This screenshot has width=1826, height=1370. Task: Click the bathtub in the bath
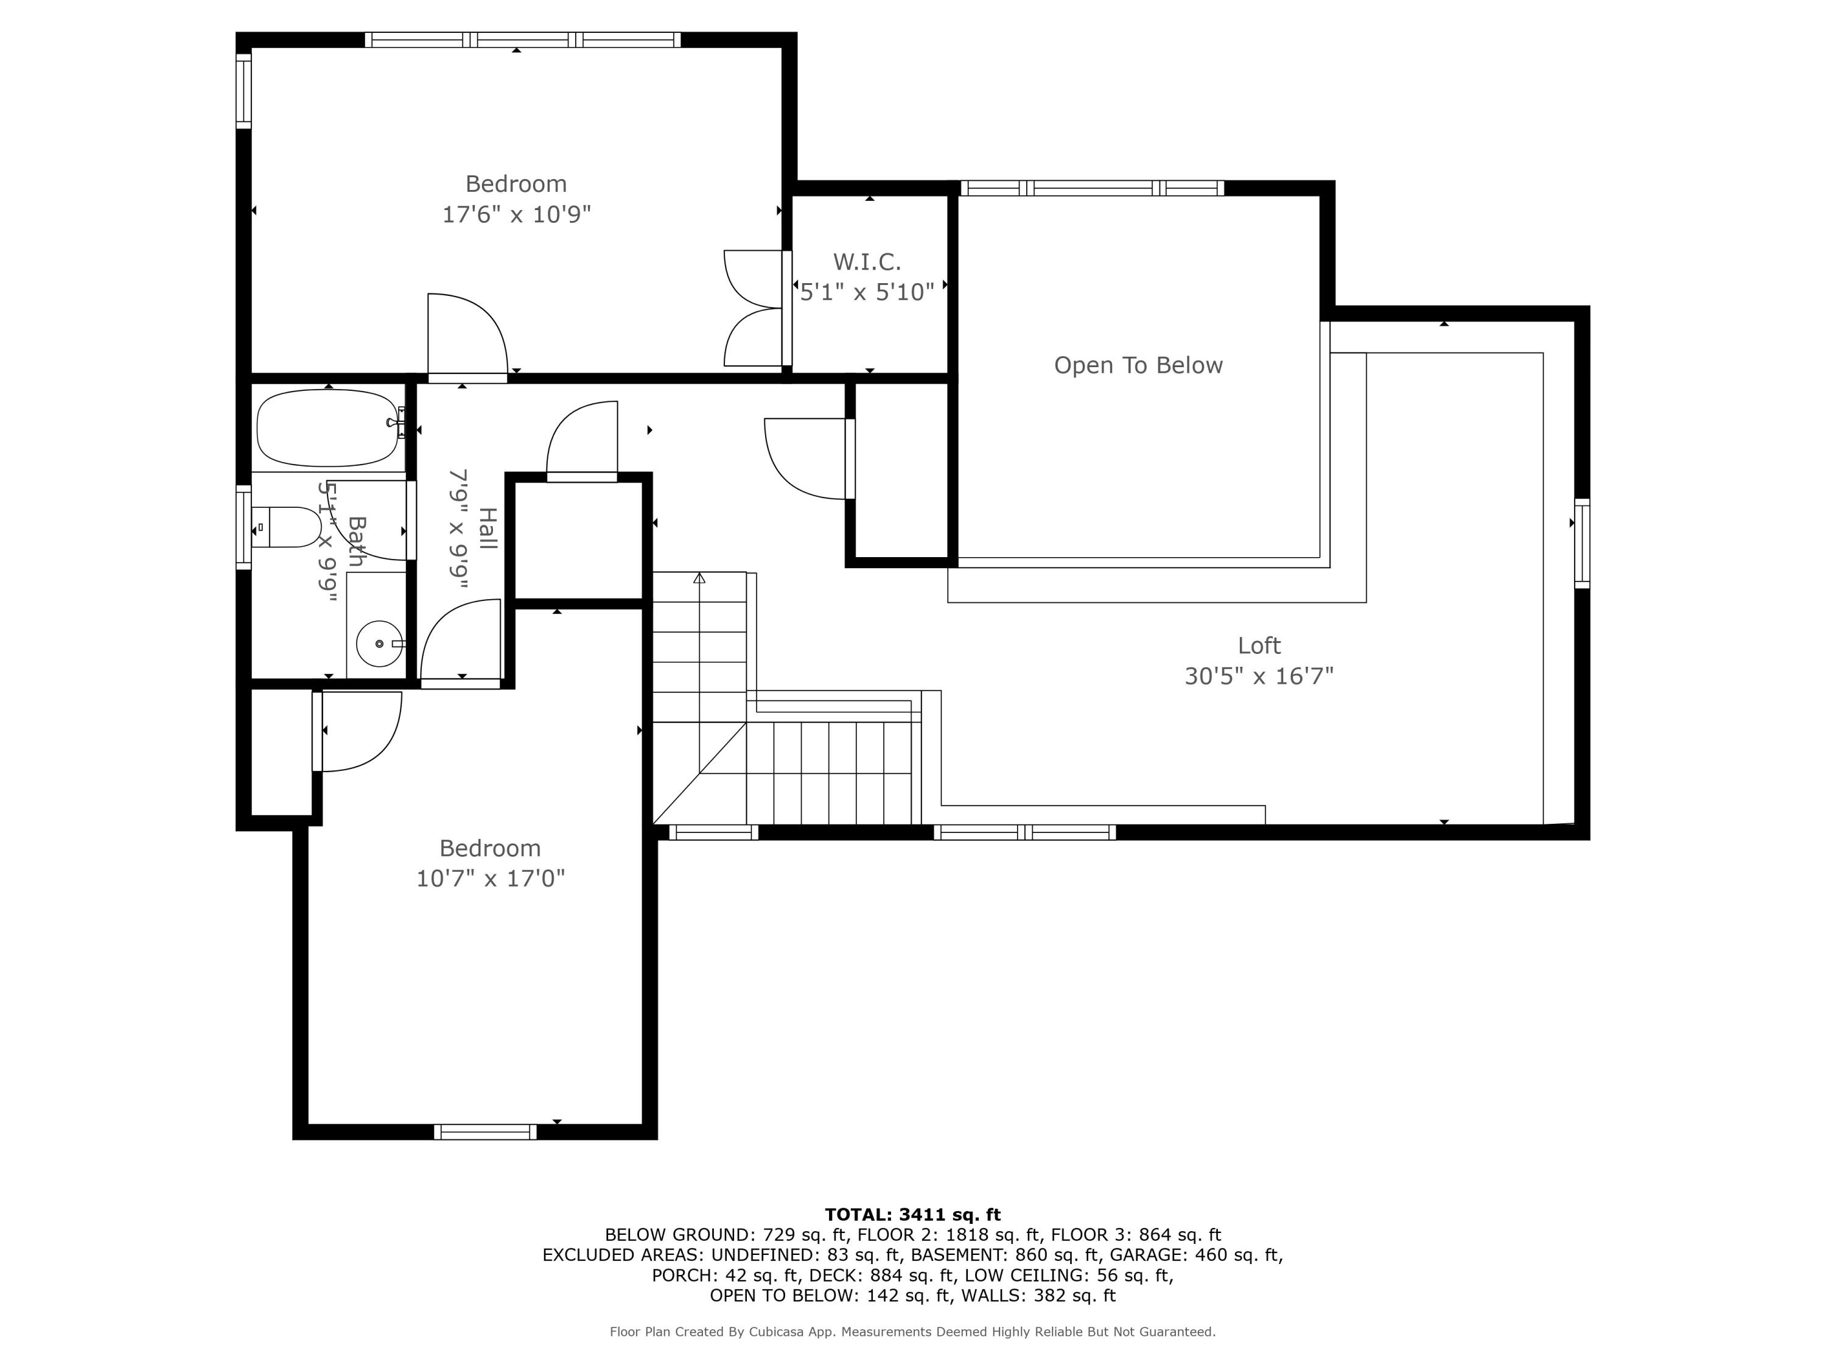(x=327, y=429)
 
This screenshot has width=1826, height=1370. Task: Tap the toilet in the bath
(x=289, y=527)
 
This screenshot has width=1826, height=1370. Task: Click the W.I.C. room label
(x=867, y=262)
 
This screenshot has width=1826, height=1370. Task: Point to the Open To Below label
(x=1138, y=366)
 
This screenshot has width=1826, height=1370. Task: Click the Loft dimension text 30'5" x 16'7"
(x=1258, y=676)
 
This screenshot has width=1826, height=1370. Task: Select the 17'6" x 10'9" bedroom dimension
(x=517, y=215)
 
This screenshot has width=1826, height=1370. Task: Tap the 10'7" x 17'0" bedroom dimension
(x=491, y=879)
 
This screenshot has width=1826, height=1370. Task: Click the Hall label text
(x=488, y=529)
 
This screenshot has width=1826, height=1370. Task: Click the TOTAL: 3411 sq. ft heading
(x=912, y=1214)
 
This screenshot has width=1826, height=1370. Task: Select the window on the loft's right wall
(x=1581, y=543)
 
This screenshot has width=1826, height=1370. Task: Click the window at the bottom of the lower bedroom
(x=485, y=1132)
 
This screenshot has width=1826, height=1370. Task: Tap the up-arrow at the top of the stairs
(x=699, y=578)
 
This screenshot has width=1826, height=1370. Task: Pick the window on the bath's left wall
(x=243, y=527)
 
